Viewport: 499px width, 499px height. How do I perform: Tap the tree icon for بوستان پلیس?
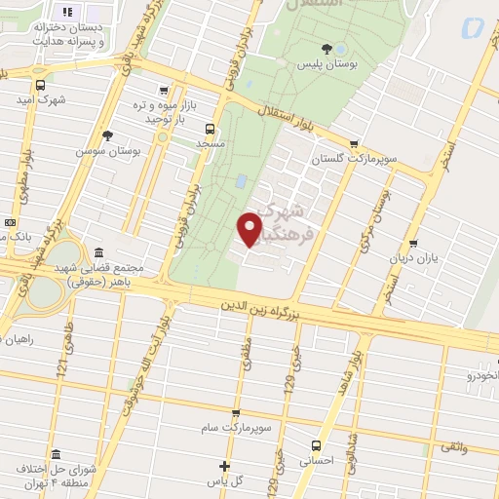click(326, 48)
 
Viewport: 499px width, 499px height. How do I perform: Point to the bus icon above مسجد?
click(210, 128)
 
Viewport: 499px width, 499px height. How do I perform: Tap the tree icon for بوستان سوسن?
click(107, 136)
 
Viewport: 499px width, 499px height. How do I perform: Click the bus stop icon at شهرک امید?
click(40, 84)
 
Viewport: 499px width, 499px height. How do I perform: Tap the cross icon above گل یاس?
click(225, 466)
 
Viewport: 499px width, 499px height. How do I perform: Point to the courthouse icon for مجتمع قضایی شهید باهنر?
click(97, 252)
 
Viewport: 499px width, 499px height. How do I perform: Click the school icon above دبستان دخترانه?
click(67, 12)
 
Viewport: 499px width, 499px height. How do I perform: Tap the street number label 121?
click(61, 368)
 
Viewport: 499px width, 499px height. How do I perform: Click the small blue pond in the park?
click(241, 180)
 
